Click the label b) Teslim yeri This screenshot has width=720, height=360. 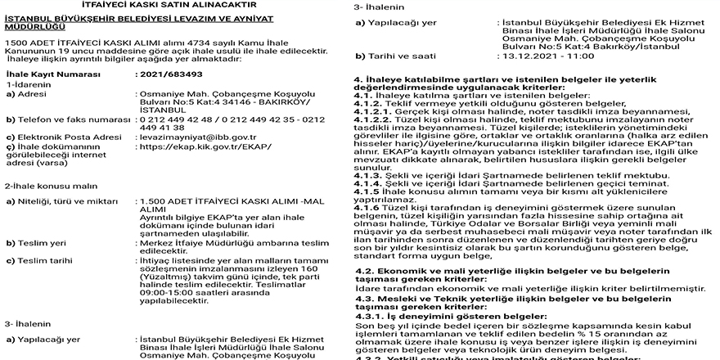pos(38,243)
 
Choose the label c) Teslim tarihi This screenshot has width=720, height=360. pos(41,261)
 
